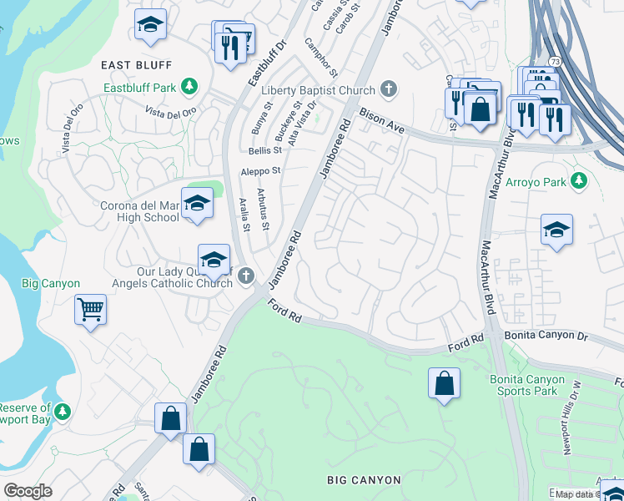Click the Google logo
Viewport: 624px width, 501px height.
pos(28,492)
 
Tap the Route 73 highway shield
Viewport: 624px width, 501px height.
pos(555,61)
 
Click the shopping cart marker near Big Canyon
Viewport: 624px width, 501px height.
pos(90,311)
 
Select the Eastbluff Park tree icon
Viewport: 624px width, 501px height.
pos(190,86)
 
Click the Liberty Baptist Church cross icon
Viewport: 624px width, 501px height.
pos(388,89)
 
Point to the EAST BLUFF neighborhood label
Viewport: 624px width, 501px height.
pos(136,64)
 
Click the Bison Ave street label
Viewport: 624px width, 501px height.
pos(382,121)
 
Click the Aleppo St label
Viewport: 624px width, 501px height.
pos(261,170)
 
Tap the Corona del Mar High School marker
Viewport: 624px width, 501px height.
pos(197,205)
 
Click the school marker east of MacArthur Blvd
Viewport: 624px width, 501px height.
pos(556,230)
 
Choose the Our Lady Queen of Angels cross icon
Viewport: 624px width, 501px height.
pos(246,276)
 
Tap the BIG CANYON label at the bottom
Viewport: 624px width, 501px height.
pos(365,480)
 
